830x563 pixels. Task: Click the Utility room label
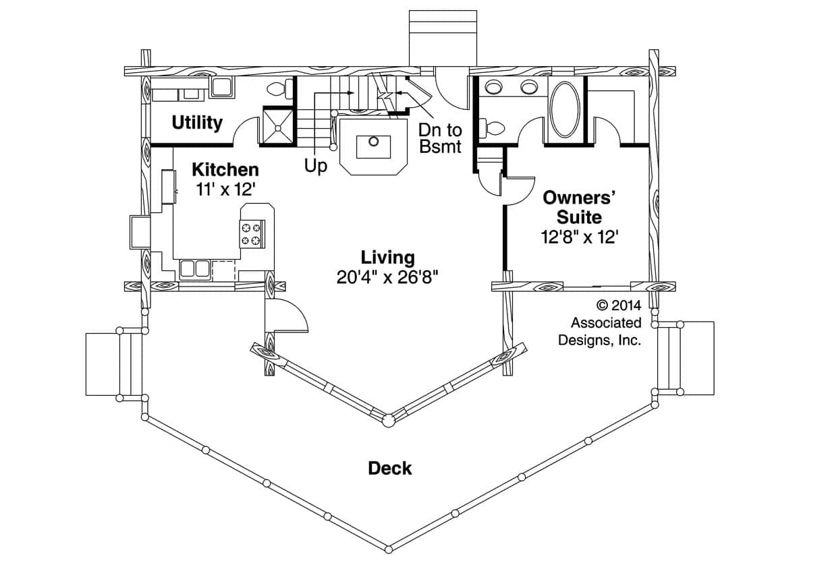tap(196, 123)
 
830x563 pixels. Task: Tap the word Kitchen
tap(225, 169)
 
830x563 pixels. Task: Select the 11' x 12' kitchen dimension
tap(225, 189)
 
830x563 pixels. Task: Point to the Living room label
tap(387, 257)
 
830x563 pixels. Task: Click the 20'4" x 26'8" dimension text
tap(387, 277)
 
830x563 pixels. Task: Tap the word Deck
tap(390, 468)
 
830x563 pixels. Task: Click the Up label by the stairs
tap(315, 166)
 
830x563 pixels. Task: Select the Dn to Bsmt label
tap(439, 138)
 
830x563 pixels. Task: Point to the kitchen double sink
tap(193, 269)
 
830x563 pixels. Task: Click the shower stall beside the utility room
tap(277, 126)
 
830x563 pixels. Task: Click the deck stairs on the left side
tap(113, 363)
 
